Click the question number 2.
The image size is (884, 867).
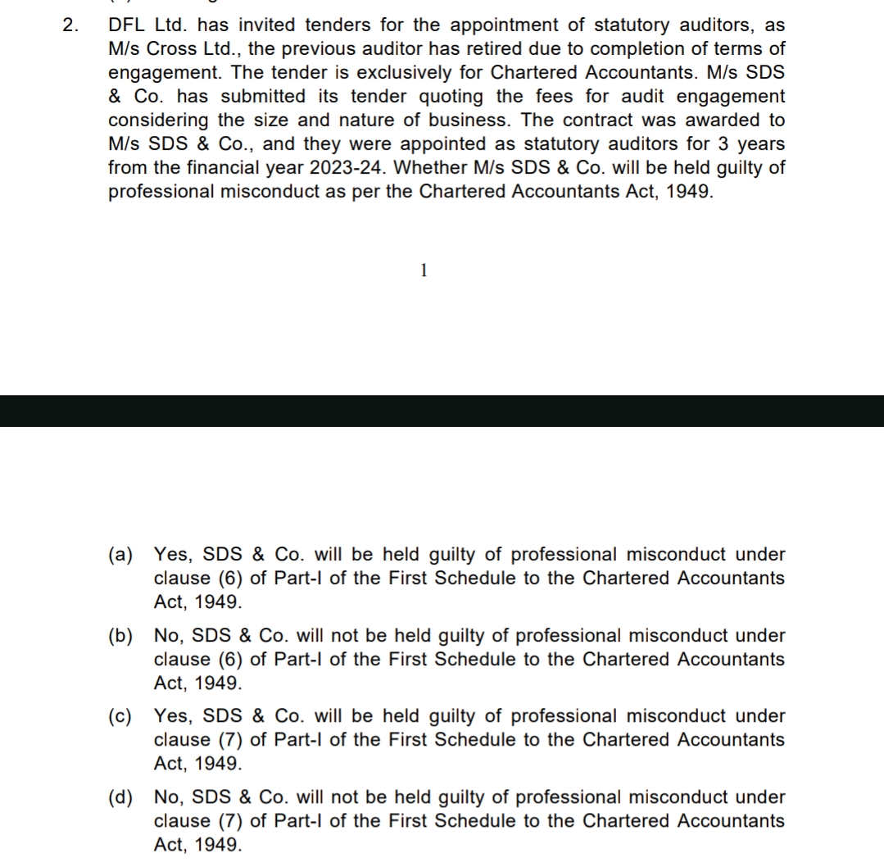(68, 25)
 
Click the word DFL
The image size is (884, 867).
(127, 25)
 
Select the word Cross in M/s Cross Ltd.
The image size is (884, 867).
(170, 48)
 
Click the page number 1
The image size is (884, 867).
(424, 271)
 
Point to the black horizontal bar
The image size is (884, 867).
(442, 411)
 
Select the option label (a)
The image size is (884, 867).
(120, 555)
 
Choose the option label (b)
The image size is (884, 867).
(120, 635)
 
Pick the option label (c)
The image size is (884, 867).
(120, 715)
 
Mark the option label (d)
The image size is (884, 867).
(120, 797)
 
